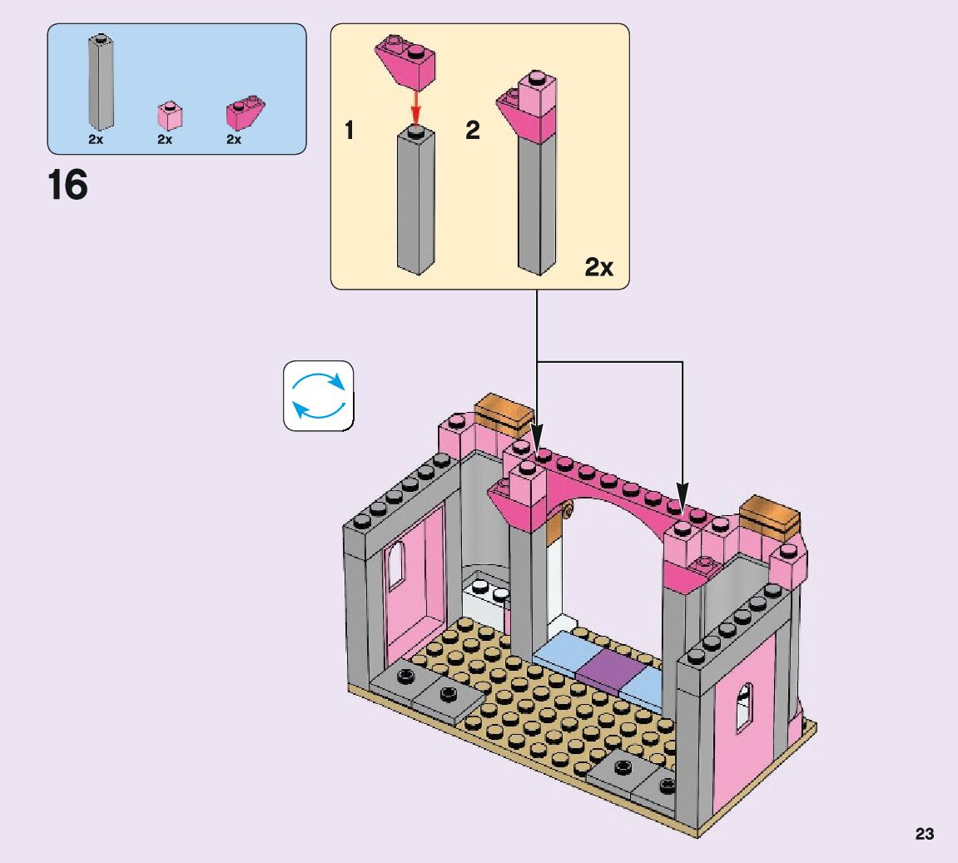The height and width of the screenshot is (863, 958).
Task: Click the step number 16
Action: coord(67,185)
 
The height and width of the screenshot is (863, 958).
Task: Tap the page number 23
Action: coord(925,834)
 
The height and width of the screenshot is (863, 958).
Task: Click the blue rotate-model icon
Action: coord(319,396)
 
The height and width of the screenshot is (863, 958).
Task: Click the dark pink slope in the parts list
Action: coord(245,113)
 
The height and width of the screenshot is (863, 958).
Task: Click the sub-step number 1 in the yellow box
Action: coord(350,131)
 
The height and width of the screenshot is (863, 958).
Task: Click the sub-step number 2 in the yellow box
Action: coord(473,131)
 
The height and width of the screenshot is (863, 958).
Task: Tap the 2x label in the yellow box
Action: coord(598,267)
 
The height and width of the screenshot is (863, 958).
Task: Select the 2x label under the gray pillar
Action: coord(96,140)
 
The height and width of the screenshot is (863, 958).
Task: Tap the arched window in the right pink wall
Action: coord(744,707)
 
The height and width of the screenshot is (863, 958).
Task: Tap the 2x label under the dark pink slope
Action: coord(234,140)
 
